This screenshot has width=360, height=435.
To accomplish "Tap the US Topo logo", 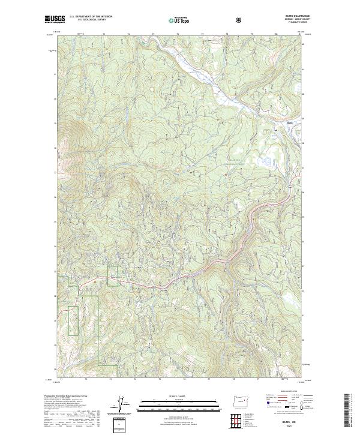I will tap(179, 20).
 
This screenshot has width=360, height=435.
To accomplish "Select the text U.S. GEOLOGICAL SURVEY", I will tap(89, 20).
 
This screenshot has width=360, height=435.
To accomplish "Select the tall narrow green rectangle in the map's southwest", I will tap(73, 320).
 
